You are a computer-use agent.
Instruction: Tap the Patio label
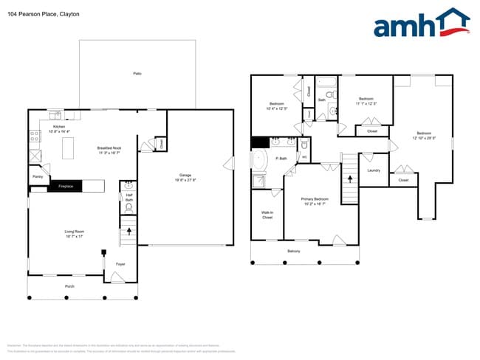[x=137, y=74]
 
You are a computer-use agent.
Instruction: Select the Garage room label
[x=185, y=176]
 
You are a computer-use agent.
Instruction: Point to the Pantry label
[x=37, y=177]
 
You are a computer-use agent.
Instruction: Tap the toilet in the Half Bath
[x=128, y=186]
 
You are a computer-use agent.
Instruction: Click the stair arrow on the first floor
[x=129, y=232]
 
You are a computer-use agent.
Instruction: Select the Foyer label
[x=120, y=263]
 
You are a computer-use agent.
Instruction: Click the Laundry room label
[x=373, y=170]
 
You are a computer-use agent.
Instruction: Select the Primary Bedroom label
[x=315, y=199]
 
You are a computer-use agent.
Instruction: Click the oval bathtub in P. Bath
[x=259, y=161]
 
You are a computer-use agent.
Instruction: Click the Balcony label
[x=293, y=251]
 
